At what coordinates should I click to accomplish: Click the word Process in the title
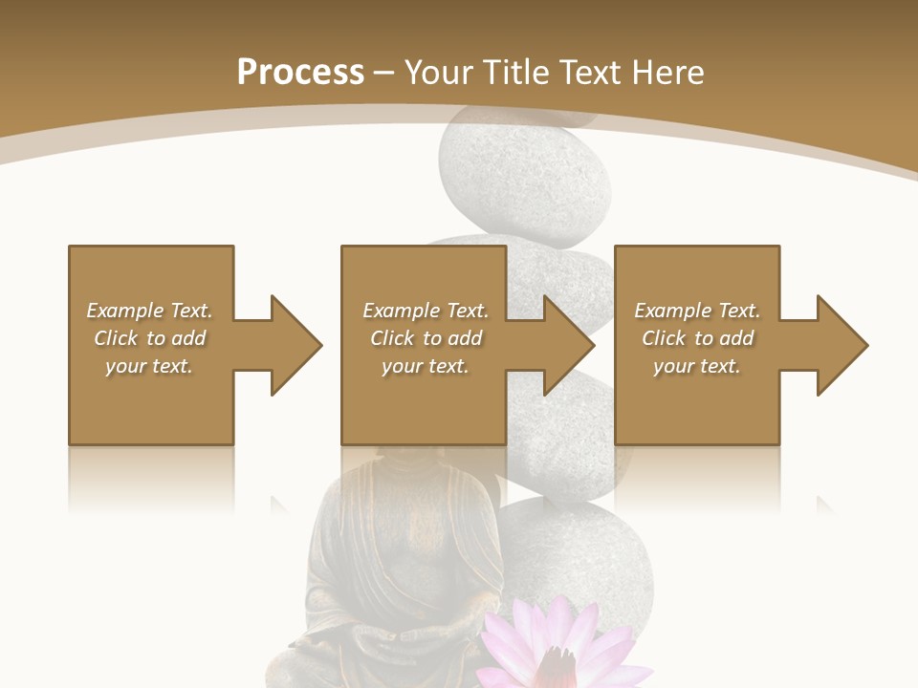pyautogui.click(x=300, y=73)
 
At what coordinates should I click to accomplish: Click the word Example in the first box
pyautogui.click(x=124, y=311)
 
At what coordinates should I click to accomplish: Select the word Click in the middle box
pyautogui.click(x=390, y=338)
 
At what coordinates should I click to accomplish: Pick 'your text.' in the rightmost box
pyautogui.click(x=696, y=366)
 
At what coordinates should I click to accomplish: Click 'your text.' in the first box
pyautogui.click(x=148, y=366)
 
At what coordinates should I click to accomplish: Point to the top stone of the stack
pyautogui.click(x=523, y=177)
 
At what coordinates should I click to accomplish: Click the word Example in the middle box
pyautogui.click(x=401, y=311)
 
